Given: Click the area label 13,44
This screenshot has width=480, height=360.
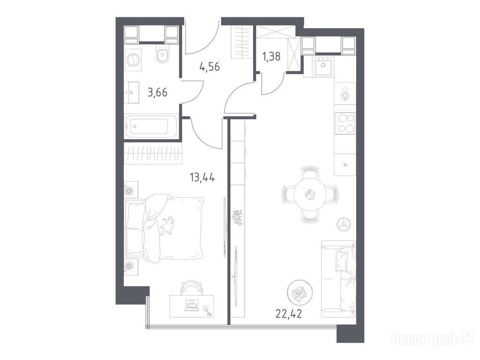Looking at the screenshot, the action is [202, 177].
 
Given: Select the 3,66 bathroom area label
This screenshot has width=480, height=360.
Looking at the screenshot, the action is [157, 92].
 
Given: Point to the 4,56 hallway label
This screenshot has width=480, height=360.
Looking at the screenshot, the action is [210, 67].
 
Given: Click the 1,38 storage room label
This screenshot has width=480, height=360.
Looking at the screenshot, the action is [271, 57].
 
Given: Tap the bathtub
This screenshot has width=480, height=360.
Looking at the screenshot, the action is [151, 126].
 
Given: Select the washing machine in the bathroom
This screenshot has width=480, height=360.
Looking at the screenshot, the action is [133, 60].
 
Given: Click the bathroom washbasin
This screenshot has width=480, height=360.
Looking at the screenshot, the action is [132, 92].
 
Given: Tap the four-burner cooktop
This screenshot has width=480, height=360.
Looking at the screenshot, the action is [345, 123].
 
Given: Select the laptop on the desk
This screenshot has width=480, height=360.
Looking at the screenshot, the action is [192, 306].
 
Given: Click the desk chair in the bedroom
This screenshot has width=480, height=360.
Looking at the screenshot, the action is [192, 288].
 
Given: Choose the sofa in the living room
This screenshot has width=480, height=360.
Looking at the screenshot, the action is [339, 279].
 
